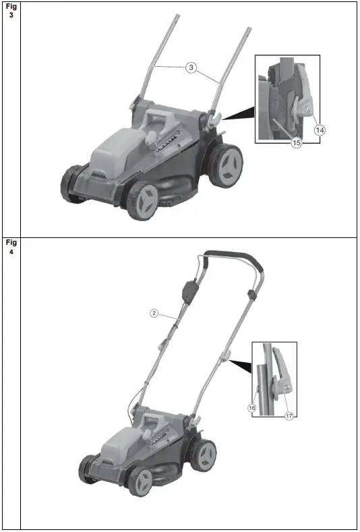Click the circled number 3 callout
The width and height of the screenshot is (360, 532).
click(x=191, y=68)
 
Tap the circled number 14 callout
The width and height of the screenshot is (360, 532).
click(x=320, y=129)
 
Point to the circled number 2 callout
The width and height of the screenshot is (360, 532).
click(x=154, y=313)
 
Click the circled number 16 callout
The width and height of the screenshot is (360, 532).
click(x=251, y=407)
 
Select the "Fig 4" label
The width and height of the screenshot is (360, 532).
click(x=11, y=247)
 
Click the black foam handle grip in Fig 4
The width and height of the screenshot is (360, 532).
click(x=230, y=257)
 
